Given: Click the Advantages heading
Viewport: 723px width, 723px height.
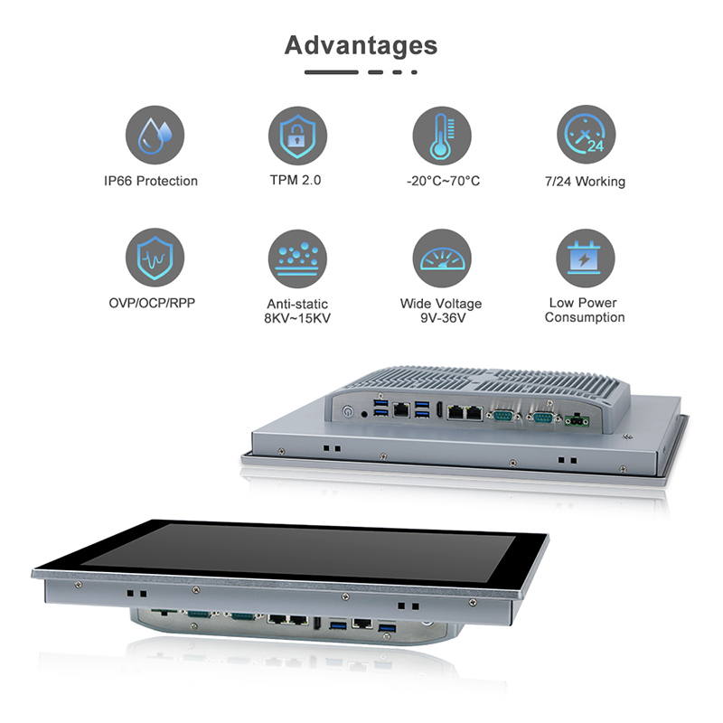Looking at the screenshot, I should click(361, 45).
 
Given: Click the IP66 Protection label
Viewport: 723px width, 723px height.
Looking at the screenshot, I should click(151, 181).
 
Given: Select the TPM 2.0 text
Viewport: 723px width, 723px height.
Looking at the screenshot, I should click(296, 180).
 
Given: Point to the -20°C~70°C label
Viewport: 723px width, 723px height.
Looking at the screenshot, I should click(443, 181).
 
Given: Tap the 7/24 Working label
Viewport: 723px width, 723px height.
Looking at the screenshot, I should click(585, 182).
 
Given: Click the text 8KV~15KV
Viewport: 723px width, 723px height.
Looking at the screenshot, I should click(297, 318).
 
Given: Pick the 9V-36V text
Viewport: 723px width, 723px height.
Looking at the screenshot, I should click(441, 318).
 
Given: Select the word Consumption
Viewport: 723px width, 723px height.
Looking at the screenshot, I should click(585, 317).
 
